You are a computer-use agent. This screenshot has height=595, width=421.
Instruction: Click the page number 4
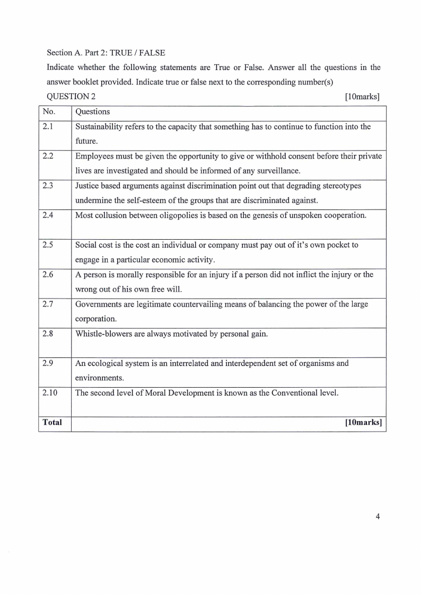378,517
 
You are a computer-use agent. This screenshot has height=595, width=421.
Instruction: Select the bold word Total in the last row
52,423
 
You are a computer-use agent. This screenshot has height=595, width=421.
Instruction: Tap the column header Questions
93,112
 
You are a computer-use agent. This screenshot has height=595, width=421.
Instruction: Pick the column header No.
49,112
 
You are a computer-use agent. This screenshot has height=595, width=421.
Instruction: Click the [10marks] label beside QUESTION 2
362,97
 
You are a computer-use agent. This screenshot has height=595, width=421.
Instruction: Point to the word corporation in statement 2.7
95,319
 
